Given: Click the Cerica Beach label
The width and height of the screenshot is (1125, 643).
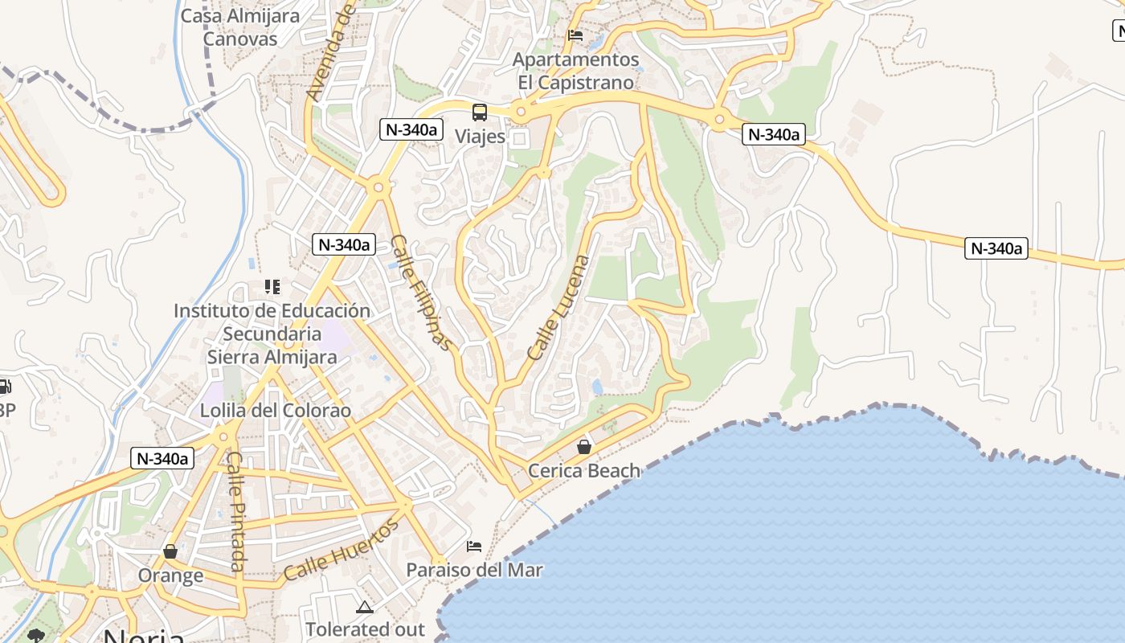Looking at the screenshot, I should [584, 470].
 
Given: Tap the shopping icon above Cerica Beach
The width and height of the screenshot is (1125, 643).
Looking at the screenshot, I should [584, 447].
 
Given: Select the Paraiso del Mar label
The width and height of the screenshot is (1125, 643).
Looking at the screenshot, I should [474, 570].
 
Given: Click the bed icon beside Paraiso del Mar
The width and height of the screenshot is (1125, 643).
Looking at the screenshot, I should [474, 547].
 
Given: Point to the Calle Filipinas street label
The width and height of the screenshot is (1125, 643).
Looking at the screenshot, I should [421, 292].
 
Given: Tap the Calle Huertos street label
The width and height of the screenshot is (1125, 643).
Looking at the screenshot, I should [341, 551].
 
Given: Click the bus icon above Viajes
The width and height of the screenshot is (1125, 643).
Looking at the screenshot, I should [480, 113].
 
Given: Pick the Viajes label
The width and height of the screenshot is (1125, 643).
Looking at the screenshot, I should [481, 136].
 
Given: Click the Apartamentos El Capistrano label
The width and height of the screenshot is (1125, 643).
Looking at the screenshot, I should [576, 71].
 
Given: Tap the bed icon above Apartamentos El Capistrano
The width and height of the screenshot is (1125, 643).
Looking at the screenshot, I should [575, 35].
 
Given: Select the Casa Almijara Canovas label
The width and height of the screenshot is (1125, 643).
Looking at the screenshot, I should [239, 27].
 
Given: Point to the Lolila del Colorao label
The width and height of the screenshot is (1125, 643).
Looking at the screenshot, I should [276, 410].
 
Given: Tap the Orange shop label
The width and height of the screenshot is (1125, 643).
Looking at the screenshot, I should [170, 575].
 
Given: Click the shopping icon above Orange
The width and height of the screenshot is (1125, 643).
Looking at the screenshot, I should [170, 551].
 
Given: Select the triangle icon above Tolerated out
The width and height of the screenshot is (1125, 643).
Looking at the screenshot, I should [364, 607].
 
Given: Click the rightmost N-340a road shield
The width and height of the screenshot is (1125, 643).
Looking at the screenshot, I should [996, 248].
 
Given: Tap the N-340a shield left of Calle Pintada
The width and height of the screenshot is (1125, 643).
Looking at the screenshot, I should [162, 459].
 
